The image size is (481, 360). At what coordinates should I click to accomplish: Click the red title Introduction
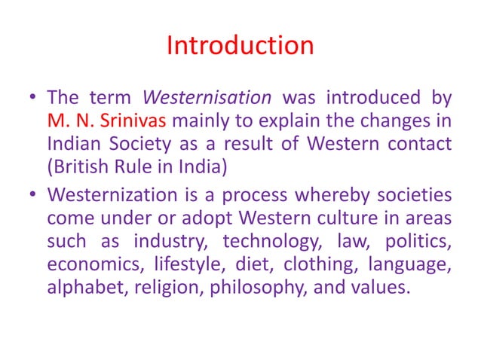point(240,46)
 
